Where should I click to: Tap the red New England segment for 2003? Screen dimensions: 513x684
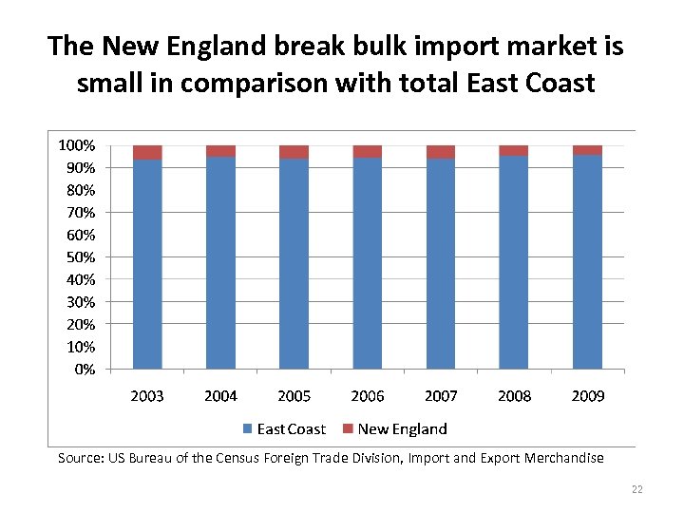[x=147, y=153]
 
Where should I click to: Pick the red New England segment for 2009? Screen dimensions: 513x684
[x=587, y=150]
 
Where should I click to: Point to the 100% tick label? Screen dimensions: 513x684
[x=76, y=145]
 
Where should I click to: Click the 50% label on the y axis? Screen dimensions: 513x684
[x=79, y=257]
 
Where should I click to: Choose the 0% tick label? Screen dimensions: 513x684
[x=84, y=370]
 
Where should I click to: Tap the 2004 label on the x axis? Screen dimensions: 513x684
[x=220, y=395]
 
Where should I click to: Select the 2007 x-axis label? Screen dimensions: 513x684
[x=441, y=395]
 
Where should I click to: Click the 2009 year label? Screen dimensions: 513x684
[x=587, y=395]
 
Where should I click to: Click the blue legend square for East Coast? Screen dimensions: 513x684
[x=248, y=429]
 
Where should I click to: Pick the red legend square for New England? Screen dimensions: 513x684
[x=349, y=429]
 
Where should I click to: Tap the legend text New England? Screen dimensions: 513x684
[x=402, y=429]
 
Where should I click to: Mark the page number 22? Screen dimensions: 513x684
[x=636, y=489]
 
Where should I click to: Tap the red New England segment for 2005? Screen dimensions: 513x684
[x=294, y=152]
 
